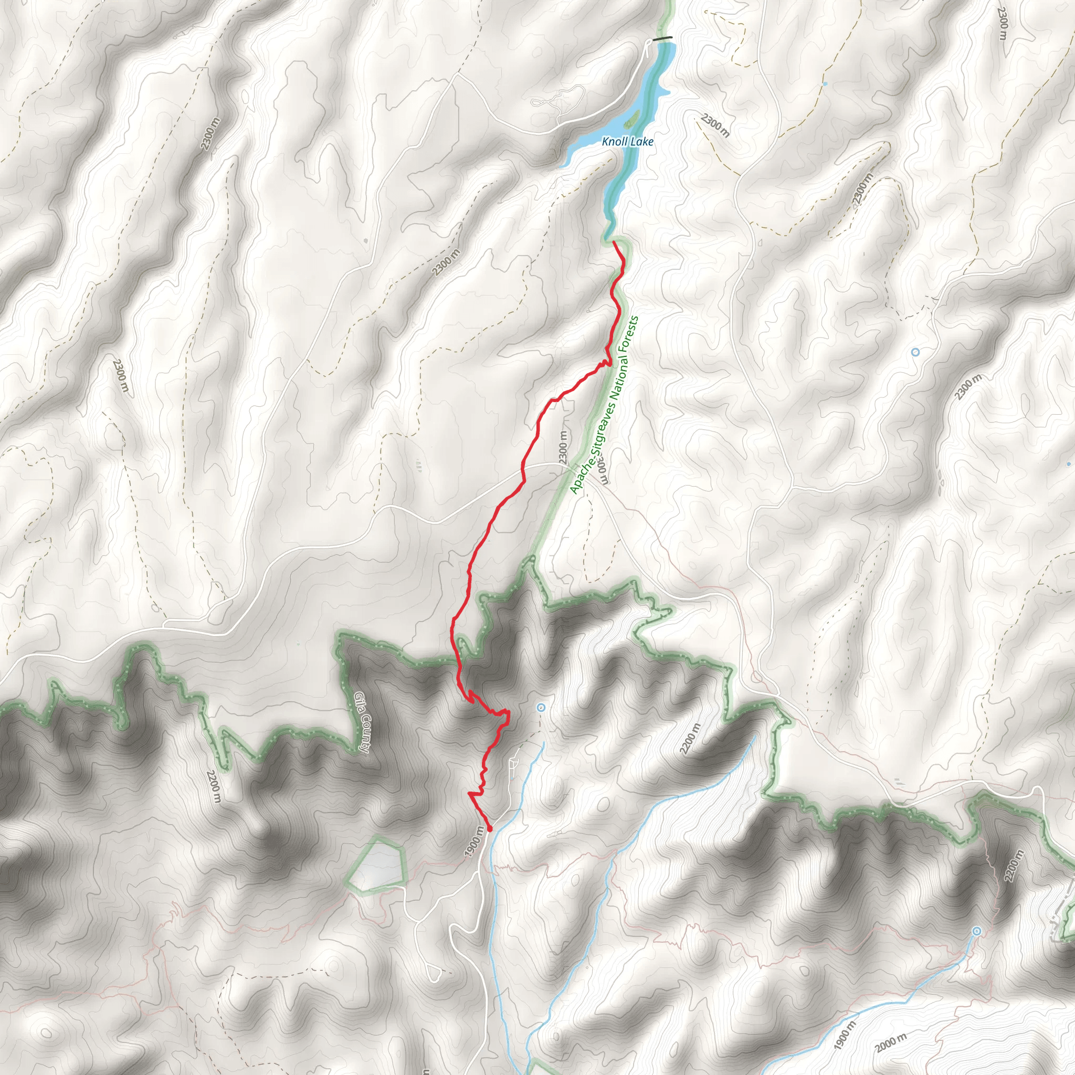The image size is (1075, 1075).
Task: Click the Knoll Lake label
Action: [627, 141]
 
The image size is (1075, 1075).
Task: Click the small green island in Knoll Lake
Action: [631, 118]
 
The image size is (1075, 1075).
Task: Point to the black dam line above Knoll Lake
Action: [662, 38]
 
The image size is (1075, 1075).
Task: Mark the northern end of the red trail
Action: [614, 242]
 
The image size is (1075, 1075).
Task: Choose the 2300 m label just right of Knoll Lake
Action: [714, 125]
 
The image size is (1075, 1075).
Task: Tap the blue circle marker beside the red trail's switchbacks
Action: [540, 708]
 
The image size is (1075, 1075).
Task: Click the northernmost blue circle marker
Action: [915, 352]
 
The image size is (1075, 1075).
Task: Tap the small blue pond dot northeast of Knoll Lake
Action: [825, 83]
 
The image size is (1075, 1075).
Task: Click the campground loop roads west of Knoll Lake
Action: [548, 103]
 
